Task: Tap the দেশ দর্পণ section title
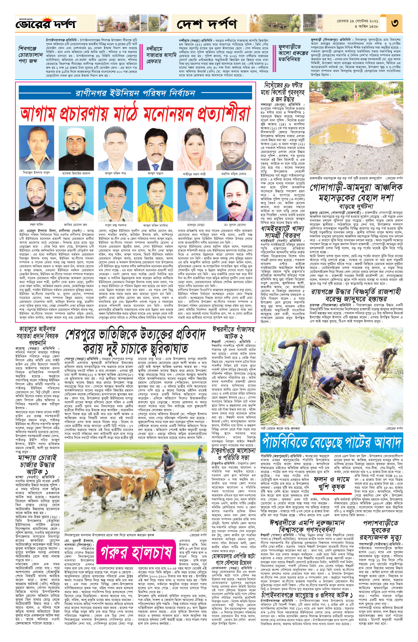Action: click(207, 24)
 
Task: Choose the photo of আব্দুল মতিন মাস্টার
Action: click(155, 199)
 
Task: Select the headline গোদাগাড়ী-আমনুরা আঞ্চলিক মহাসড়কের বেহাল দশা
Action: click(356, 192)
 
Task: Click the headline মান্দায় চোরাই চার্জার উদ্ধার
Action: click(37, 465)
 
